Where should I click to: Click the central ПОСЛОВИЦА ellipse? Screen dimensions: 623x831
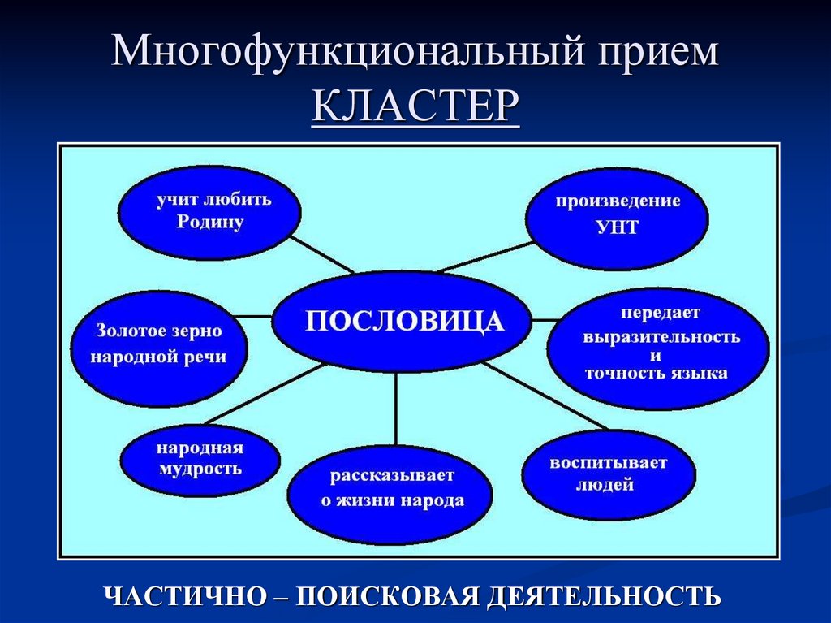403,322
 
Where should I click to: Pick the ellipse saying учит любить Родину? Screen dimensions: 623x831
209,210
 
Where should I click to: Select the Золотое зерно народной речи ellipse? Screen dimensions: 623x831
159,344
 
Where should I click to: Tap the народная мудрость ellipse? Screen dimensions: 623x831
200,459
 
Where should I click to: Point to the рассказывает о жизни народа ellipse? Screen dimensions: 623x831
390,487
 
